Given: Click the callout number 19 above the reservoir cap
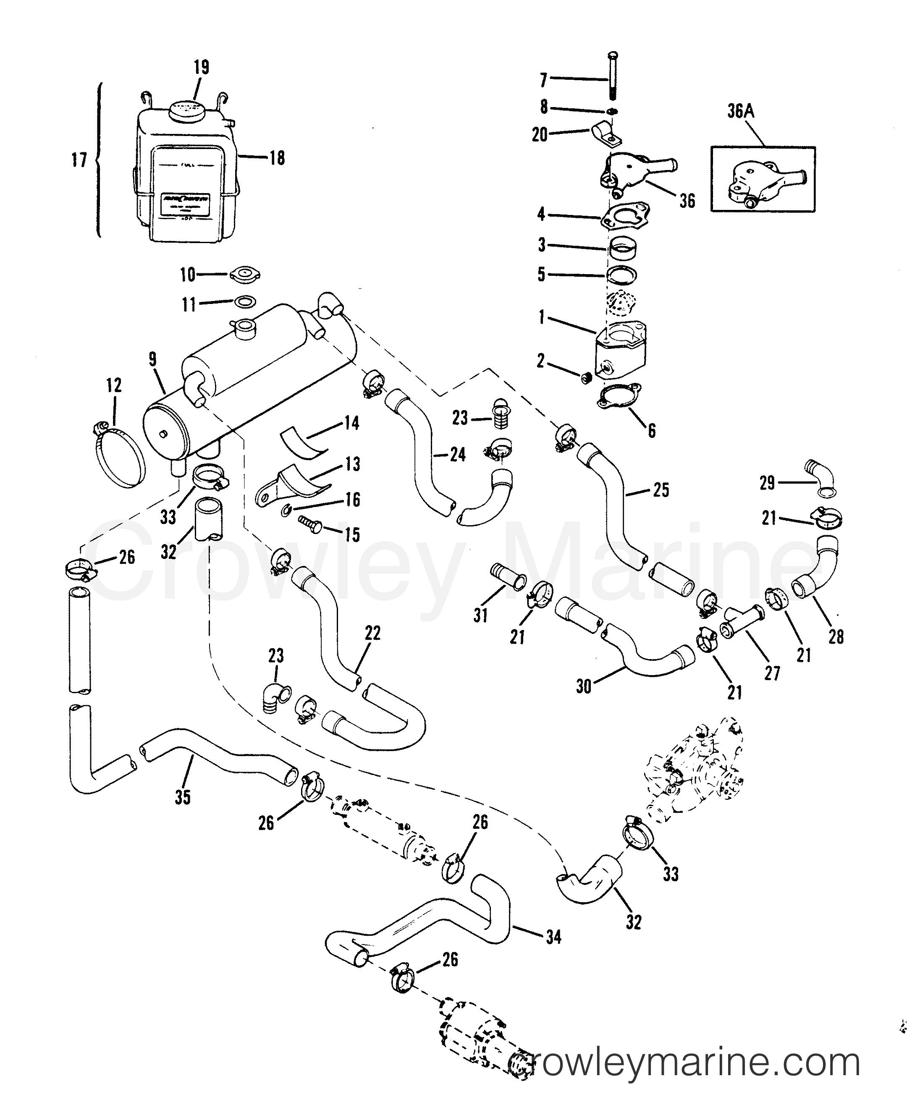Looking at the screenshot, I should pos(201,68).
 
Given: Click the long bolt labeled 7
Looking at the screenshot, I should pos(613,79).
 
